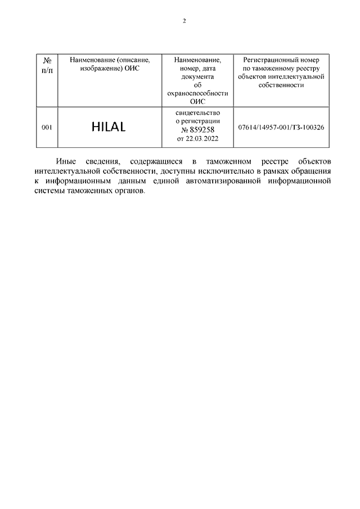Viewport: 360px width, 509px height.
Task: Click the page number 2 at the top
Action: pyautogui.click(x=183, y=21)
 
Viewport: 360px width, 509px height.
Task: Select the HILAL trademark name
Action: pyautogui.click(x=109, y=128)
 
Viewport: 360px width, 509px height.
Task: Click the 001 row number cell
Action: pyautogui.click(x=47, y=128)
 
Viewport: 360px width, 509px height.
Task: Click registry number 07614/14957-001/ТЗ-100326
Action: pyautogui.click(x=281, y=128)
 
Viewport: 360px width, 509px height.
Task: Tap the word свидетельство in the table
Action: pyautogui.click(x=197, y=112)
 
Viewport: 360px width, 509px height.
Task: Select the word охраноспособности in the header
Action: pyautogui.click(x=197, y=93)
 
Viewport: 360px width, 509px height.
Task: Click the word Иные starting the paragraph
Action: pyautogui.click(x=67, y=161)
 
